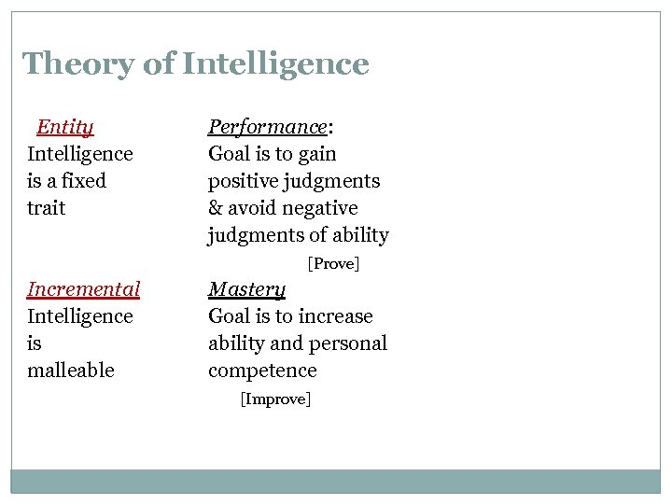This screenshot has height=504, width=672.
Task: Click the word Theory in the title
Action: pyautogui.click(x=78, y=64)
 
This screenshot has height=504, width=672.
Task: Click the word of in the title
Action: pyautogui.click(x=161, y=64)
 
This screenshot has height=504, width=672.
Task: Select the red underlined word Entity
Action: pyautogui.click(x=64, y=127)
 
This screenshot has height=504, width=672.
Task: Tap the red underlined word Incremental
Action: pyautogui.click(x=83, y=289)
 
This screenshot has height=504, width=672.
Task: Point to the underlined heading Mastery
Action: pyautogui.click(x=246, y=289)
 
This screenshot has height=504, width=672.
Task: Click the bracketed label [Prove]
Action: pyautogui.click(x=333, y=264)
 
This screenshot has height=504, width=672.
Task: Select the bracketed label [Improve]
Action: pyautogui.click(x=275, y=399)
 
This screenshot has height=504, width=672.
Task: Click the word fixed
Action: pyautogui.click(x=83, y=181)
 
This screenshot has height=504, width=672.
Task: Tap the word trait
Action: pyautogui.click(x=46, y=208)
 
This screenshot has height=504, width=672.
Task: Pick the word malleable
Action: pyautogui.click(x=70, y=371)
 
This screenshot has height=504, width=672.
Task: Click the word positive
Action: pyautogui.click(x=245, y=181)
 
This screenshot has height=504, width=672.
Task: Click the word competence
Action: pyautogui.click(x=262, y=371)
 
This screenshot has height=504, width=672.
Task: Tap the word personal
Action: pyautogui.click(x=347, y=343)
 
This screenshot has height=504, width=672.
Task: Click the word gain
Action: pyautogui.click(x=318, y=154)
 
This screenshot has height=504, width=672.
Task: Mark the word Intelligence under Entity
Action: pyautogui.click(x=79, y=154)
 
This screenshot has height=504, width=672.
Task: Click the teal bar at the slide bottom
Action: pyautogui.click(x=335, y=481)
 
